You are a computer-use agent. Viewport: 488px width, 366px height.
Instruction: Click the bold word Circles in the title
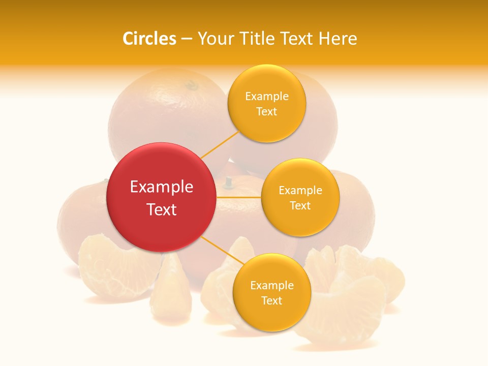149,39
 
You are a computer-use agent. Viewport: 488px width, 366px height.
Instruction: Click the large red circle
161,197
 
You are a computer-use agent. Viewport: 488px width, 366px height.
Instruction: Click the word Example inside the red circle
162,187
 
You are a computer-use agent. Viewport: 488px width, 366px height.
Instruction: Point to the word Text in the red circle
162,209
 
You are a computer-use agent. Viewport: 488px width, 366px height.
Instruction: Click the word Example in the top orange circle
267,97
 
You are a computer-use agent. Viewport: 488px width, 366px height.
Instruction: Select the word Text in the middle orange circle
300,206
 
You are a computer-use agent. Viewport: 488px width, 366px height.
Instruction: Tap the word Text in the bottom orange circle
271,301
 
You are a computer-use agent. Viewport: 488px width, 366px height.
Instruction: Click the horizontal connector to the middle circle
238,197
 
